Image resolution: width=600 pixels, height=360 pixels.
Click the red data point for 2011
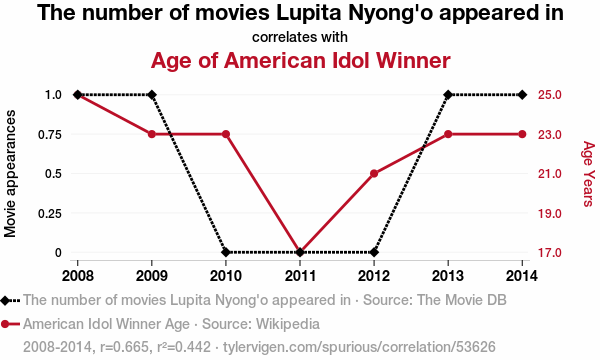click(x=300, y=252)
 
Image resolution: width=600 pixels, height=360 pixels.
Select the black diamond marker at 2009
click(x=152, y=94)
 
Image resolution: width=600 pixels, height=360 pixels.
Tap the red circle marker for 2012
click(x=374, y=174)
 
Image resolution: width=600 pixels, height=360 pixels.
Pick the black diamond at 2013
click(x=448, y=94)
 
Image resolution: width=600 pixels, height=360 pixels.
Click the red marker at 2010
click(x=226, y=134)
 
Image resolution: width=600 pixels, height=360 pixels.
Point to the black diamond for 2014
click(x=522, y=94)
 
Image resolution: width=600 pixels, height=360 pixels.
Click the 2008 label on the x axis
click(x=78, y=275)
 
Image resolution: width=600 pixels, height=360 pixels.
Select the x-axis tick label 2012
click(x=374, y=275)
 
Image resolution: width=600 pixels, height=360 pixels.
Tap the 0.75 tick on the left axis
click(x=50, y=135)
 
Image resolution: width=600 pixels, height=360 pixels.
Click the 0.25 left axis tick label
click(x=50, y=213)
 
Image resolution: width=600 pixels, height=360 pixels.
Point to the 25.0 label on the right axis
click(x=550, y=94)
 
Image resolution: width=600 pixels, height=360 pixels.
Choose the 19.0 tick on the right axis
click(x=550, y=213)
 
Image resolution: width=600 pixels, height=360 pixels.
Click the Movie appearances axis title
click(x=10, y=174)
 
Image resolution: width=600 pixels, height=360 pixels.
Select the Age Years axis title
click(x=589, y=174)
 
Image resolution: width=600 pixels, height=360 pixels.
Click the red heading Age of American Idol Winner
click(x=300, y=60)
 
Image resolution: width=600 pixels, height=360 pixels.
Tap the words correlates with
click(x=300, y=37)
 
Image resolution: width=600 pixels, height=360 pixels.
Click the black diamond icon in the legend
click(x=5, y=301)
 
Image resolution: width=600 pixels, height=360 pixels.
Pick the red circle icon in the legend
click(x=5, y=324)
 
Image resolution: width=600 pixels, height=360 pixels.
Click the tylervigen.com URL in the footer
click(x=359, y=347)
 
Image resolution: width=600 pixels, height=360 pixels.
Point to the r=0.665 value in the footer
click(x=124, y=347)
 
